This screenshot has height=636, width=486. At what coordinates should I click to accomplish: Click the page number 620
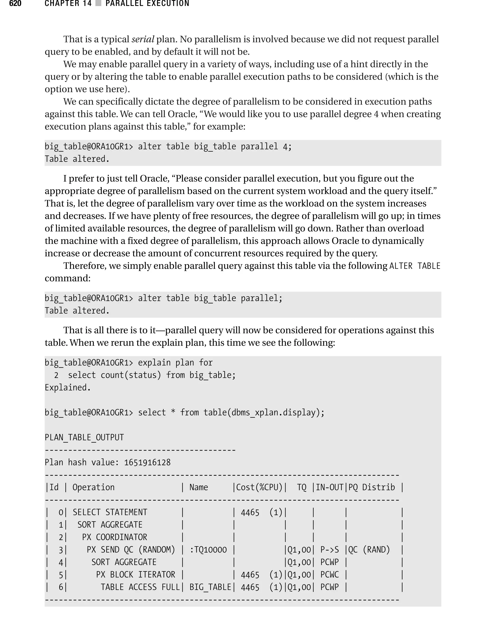click(15, 4)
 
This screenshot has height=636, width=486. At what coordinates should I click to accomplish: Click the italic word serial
click(143, 39)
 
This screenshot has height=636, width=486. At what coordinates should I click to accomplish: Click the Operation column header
click(93, 487)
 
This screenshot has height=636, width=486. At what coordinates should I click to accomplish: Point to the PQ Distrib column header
click(371, 487)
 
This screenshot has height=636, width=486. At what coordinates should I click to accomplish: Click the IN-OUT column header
click(329, 487)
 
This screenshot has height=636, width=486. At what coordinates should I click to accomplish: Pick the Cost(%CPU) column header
click(259, 487)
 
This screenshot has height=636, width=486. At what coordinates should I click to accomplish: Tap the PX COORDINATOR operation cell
click(115, 537)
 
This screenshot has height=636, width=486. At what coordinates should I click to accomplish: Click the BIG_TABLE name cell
click(210, 587)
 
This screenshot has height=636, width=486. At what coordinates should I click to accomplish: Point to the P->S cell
click(329, 550)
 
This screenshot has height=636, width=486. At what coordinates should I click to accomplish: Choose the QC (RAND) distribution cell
click(369, 550)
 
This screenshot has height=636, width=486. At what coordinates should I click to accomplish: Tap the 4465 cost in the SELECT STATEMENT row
click(250, 513)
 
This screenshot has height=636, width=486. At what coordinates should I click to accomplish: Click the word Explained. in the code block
click(68, 387)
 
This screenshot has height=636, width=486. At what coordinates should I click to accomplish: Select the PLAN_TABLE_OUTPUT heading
click(84, 437)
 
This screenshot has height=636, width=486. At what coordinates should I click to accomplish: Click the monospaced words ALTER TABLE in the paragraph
click(415, 266)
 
